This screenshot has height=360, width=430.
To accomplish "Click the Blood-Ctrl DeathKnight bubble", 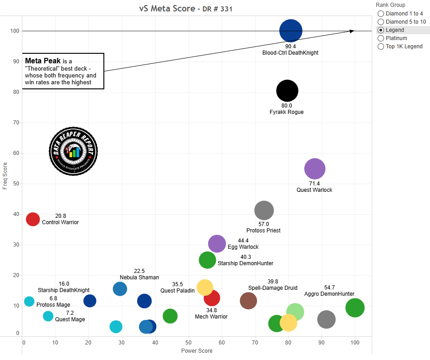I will pyautogui.click(x=291, y=31).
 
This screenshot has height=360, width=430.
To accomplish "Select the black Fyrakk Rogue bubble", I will pyautogui.click(x=287, y=91).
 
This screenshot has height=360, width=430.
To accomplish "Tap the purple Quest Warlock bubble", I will pyautogui.click(x=314, y=169).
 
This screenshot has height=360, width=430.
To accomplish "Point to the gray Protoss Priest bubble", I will pyautogui.click(x=264, y=211).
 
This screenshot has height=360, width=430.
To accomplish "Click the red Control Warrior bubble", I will pyautogui.click(x=33, y=219).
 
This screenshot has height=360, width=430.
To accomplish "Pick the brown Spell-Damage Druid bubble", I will pyautogui.click(x=248, y=301).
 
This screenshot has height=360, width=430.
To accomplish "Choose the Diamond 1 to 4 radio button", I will pyautogui.click(x=381, y=14).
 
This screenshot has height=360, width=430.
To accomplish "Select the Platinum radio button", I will pyautogui.click(x=381, y=38).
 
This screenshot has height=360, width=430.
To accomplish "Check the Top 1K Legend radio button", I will pyautogui.click(x=381, y=46).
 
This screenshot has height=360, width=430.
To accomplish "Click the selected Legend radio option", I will pyautogui.click(x=381, y=30).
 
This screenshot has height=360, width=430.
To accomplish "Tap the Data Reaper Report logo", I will pyautogui.click(x=73, y=151).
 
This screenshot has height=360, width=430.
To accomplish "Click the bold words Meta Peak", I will pyautogui.click(x=43, y=61).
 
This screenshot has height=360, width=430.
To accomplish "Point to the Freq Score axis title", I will pyautogui.click(x=5, y=175).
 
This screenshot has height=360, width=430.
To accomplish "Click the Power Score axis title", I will pyautogui.click(x=197, y=351).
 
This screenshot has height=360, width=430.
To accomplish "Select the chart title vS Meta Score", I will pyautogui.click(x=168, y=9).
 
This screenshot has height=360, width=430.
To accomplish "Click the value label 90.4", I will pyautogui.click(x=291, y=46).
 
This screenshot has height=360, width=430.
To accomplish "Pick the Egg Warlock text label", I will pyautogui.click(x=243, y=247).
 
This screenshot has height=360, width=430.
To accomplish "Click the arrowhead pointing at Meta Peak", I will pyautogui.click(x=352, y=31).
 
